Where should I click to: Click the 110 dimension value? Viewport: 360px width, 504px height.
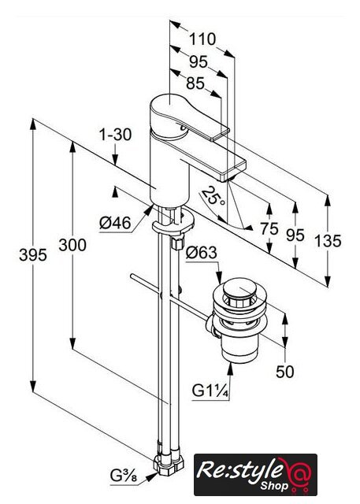pyautogui.click(x=202, y=39)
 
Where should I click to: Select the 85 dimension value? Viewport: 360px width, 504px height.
pyautogui.click(x=195, y=83)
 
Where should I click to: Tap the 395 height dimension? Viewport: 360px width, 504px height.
pyautogui.click(x=33, y=255)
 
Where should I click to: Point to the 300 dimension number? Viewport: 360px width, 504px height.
pyautogui.click(x=72, y=245)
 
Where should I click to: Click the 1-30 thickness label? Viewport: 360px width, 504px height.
pyautogui.click(x=115, y=134)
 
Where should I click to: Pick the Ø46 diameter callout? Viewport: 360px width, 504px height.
pyautogui.click(x=115, y=222)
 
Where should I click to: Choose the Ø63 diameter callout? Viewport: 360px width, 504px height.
pyautogui.click(x=202, y=253)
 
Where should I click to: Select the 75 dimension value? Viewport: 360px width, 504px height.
pyautogui.click(x=269, y=229)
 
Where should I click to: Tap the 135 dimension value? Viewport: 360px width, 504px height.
pyautogui.click(x=328, y=241)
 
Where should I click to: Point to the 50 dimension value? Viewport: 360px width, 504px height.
pyautogui.click(x=285, y=372)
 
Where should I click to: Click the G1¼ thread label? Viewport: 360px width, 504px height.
pyautogui.click(x=210, y=391)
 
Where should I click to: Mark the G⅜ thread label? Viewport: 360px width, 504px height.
pyautogui.click(x=124, y=476)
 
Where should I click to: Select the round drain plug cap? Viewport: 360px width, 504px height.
pyautogui.click(x=238, y=288)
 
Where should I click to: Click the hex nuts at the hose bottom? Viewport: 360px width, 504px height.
pyautogui.click(x=169, y=464)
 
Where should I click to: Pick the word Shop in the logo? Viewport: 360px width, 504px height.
pyautogui.click(x=274, y=485)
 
